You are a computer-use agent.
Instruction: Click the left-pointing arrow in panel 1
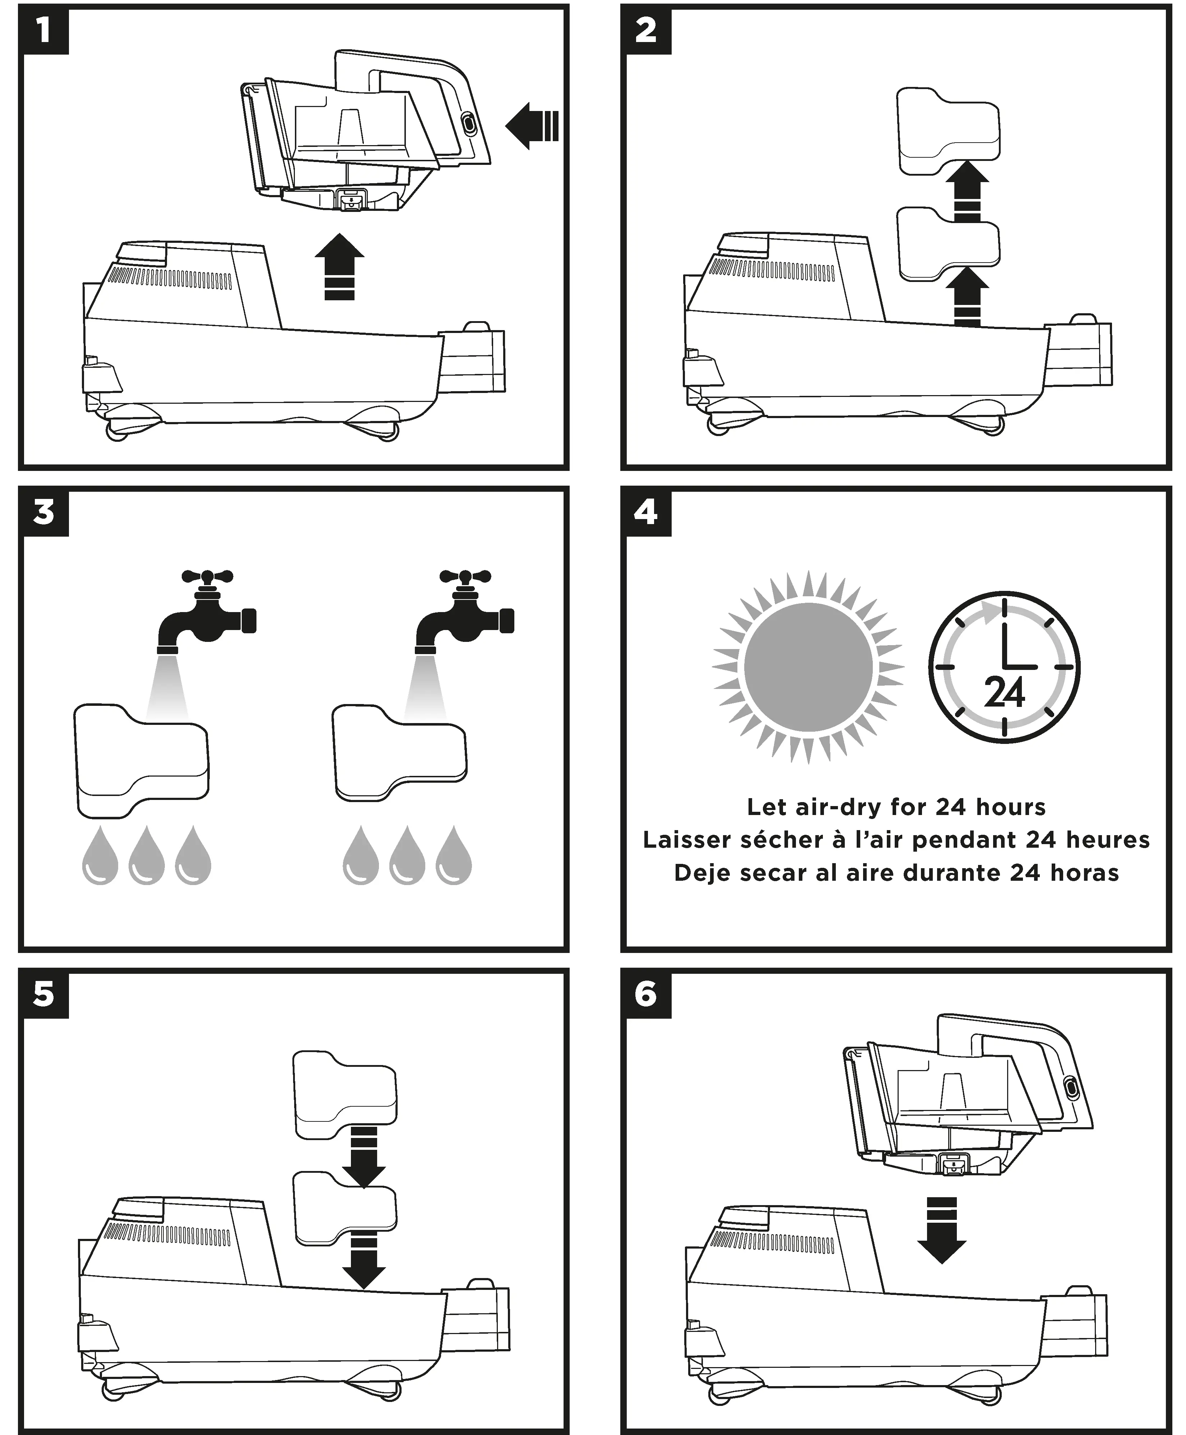click(532, 126)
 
